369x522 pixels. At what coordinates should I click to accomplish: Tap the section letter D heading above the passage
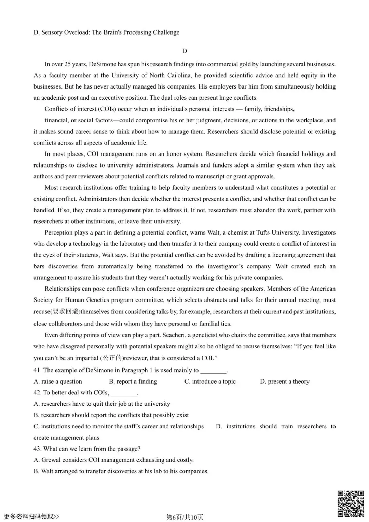click(x=184, y=51)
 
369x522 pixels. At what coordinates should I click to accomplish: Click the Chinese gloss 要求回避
click(x=66, y=311)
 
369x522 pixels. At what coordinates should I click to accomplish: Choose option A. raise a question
click(x=58, y=382)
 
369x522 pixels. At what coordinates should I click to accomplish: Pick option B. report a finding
click(x=133, y=382)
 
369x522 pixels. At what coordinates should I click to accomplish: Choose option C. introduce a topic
click(x=210, y=382)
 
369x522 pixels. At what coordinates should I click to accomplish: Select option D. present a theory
click(x=285, y=382)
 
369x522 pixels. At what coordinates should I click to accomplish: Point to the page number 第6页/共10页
click(x=184, y=517)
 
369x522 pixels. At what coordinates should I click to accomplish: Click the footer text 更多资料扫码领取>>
click(x=32, y=517)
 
